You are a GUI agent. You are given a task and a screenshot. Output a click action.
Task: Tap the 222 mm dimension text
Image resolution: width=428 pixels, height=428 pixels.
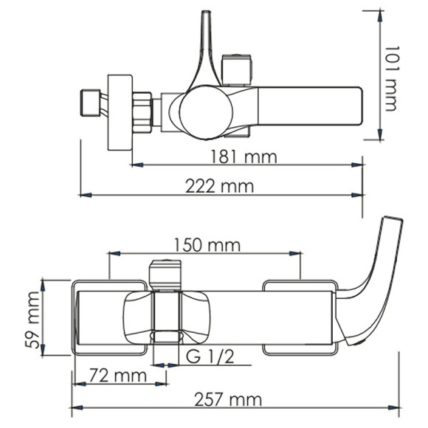[x=219, y=186]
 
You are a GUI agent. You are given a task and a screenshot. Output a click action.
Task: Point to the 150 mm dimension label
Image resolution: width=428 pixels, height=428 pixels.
[x=202, y=245]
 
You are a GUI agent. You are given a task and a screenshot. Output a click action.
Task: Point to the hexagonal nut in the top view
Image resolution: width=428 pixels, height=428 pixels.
[x=142, y=112]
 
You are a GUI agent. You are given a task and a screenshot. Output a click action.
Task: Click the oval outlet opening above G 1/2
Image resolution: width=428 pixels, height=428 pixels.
[x=167, y=337]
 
